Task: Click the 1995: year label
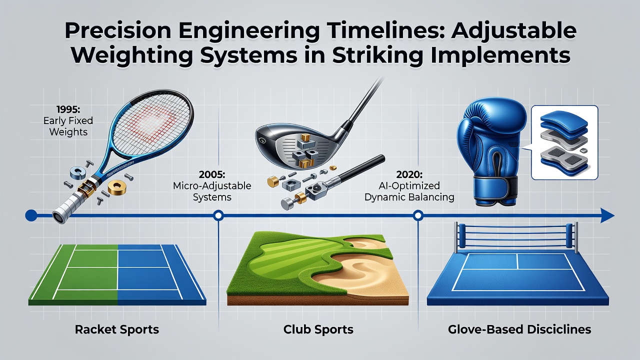click(x=68, y=109)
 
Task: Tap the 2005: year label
click(x=212, y=174)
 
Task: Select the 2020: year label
click(x=409, y=174)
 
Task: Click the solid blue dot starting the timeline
click(x=31, y=215)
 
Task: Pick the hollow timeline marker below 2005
click(x=218, y=215)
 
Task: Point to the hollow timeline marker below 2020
click(x=418, y=215)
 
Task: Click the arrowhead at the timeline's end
click(x=607, y=215)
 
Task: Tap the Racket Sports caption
click(x=117, y=329)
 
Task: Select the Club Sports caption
click(x=318, y=329)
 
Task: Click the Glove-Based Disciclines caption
click(x=519, y=329)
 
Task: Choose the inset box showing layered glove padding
click(x=564, y=142)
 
